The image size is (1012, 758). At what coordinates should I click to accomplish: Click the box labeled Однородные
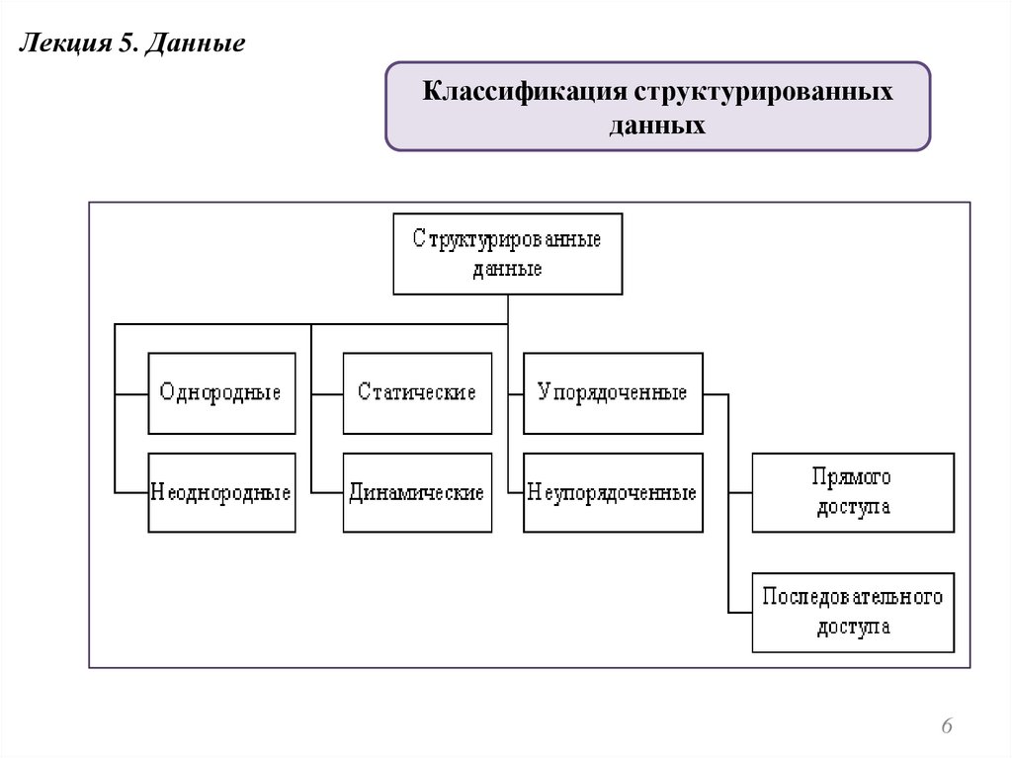(x=221, y=392)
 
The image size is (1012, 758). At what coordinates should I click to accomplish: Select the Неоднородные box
(x=221, y=492)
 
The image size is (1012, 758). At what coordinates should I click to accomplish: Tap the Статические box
(x=417, y=392)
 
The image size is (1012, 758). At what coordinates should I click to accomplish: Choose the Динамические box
(x=417, y=492)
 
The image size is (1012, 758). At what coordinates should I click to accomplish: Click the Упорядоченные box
(x=613, y=392)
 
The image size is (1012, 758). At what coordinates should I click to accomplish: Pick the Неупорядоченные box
(x=613, y=492)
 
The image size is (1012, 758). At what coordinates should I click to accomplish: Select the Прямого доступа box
(x=853, y=492)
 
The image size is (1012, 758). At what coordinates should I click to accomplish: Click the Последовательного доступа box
(x=853, y=612)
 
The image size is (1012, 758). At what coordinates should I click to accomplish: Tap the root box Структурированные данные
(x=508, y=254)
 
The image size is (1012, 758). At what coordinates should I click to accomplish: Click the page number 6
(x=947, y=727)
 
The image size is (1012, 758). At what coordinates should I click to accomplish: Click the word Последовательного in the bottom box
(x=853, y=597)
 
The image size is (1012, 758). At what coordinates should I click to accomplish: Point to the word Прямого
(x=853, y=477)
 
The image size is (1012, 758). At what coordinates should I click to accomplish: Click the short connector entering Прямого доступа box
(x=740, y=492)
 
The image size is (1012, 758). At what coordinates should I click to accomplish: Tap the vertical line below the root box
(x=508, y=308)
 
